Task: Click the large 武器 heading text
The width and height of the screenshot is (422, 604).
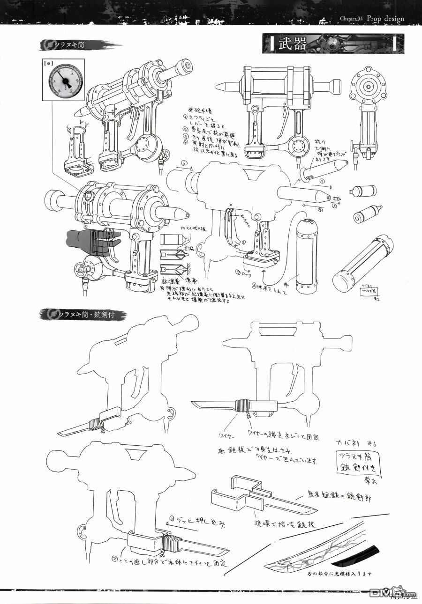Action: pos(293,44)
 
